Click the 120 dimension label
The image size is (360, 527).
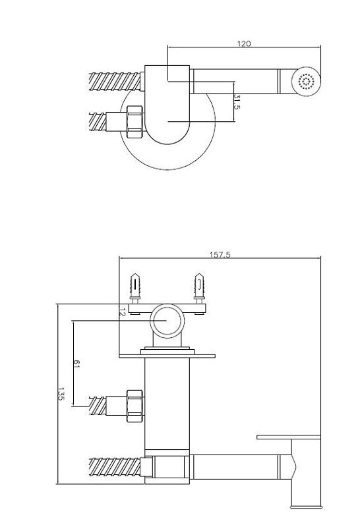pyautogui.click(x=244, y=43)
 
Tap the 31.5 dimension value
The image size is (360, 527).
pyautogui.click(x=237, y=102)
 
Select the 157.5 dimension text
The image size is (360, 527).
pyautogui.click(x=220, y=255)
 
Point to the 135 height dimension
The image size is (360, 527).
pyautogui.click(x=61, y=394)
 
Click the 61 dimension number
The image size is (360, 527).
pyautogui.click(x=76, y=364)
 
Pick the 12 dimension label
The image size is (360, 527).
pyautogui.click(x=122, y=312)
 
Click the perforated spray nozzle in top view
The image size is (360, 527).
pyautogui.click(x=306, y=82)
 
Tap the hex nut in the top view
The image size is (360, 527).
pyautogui.click(x=135, y=122)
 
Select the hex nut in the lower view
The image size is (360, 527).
pyautogui.click(x=135, y=406)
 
